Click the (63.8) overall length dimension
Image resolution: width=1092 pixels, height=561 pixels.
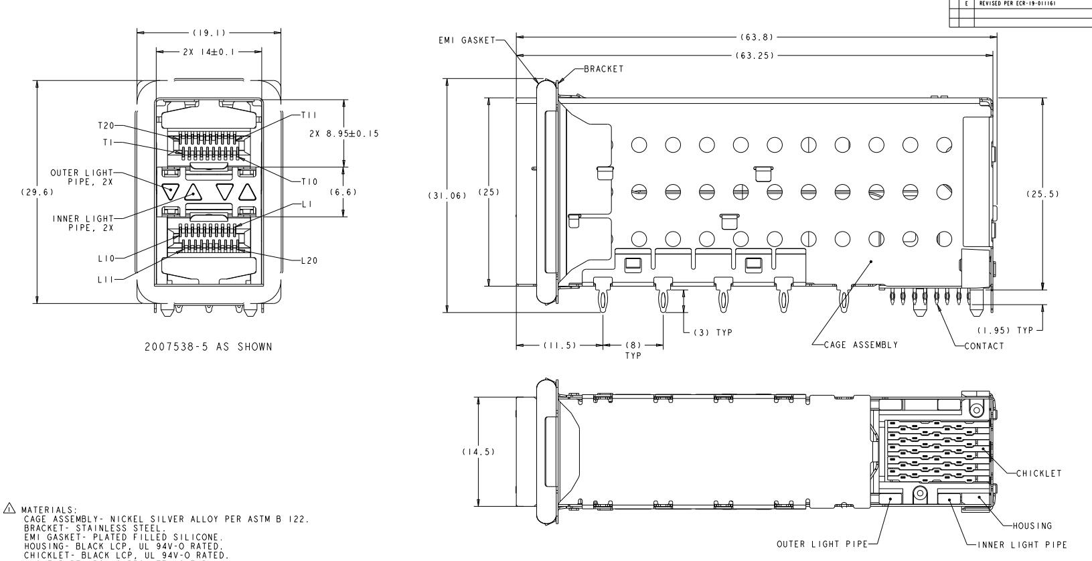point(757,37)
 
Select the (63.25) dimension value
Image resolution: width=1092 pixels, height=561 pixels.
point(755,56)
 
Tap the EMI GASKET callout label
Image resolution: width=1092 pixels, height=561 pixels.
point(467,40)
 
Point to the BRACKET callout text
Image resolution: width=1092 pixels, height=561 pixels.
point(603,69)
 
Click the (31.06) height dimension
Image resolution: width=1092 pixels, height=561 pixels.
point(447,196)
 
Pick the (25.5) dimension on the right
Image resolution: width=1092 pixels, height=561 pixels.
point(1042,194)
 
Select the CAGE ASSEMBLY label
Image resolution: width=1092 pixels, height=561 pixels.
point(860,345)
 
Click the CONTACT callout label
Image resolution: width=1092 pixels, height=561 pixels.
point(984,346)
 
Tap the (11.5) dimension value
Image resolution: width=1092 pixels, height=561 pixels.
point(560,345)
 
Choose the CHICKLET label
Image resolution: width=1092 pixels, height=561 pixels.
point(1038,473)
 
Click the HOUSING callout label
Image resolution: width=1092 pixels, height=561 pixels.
point(1032,526)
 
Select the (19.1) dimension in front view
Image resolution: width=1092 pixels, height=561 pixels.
point(209,33)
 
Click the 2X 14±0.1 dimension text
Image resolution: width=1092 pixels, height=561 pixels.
point(208,52)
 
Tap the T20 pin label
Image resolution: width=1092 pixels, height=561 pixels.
point(106,126)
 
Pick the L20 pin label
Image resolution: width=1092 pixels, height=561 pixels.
point(309,261)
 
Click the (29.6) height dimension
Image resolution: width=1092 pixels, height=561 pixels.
point(37,192)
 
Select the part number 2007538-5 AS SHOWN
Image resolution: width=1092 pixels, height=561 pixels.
point(208,347)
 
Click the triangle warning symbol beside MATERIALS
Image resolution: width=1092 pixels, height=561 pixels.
point(9,508)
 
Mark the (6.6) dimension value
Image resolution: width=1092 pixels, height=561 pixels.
point(343,192)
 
